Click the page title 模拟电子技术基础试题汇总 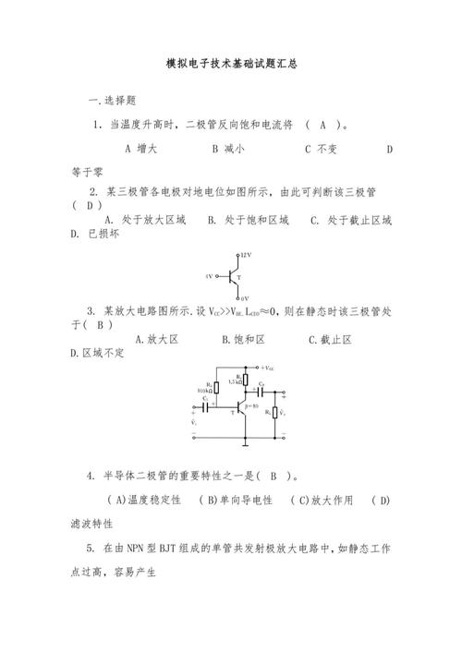[x=231, y=65]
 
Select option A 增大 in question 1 [x=141, y=148]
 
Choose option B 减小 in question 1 [x=227, y=148]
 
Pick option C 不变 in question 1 [x=320, y=148]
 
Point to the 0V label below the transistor [x=245, y=297]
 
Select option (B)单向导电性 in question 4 [x=236, y=500]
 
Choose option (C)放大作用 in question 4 [x=322, y=500]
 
